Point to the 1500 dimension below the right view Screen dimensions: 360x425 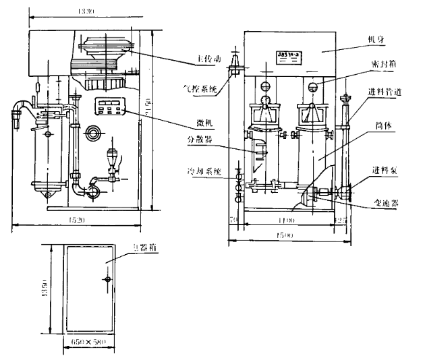(288, 235)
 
